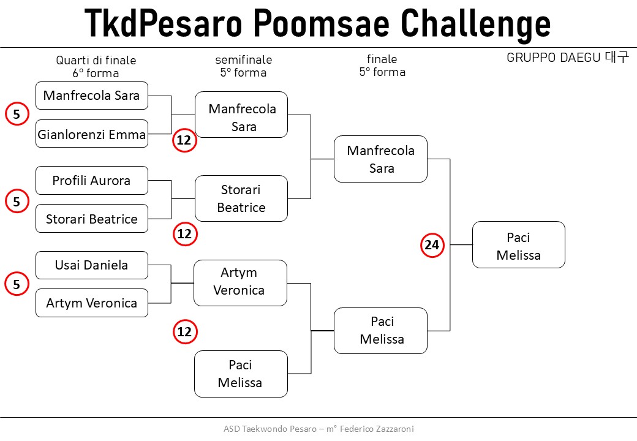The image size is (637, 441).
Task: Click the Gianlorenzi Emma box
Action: pyautogui.click(x=92, y=134)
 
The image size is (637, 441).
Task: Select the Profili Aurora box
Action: pyautogui.click(x=92, y=180)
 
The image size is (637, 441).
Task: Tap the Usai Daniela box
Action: pyautogui.click(x=92, y=265)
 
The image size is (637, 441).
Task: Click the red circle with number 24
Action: pyautogui.click(x=432, y=245)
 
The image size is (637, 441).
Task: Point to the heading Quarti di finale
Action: pyautogui.click(x=96, y=60)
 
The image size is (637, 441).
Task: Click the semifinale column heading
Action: pyautogui.click(x=243, y=59)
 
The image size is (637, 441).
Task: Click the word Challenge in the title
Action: pyautogui.click(x=475, y=23)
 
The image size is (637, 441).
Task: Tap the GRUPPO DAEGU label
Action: pyautogui.click(x=553, y=57)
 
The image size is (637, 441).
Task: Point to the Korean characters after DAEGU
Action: pyautogui.click(x=616, y=57)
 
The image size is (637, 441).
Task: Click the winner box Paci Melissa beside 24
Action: pyautogui.click(x=519, y=245)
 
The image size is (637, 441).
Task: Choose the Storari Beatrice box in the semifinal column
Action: pyautogui.click(x=241, y=198)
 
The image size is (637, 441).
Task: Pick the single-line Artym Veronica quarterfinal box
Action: pyautogui.click(x=92, y=303)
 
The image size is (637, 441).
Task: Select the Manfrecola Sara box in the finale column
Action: pyautogui.click(x=380, y=159)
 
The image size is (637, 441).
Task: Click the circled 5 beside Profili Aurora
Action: pyautogui.click(x=17, y=201)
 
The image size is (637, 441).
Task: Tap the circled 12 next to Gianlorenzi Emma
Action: pyautogui.click(x=184, y=140)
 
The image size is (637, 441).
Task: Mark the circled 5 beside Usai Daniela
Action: pyautogui.click(x=17, y=284)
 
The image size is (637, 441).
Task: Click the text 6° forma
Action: pyautogui.click(x=96, y=73)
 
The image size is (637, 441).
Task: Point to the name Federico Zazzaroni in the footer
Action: pyautogui.click(x=377, y=429)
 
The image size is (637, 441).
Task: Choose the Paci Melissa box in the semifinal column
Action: pyautogui.click(x=241, y=374)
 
